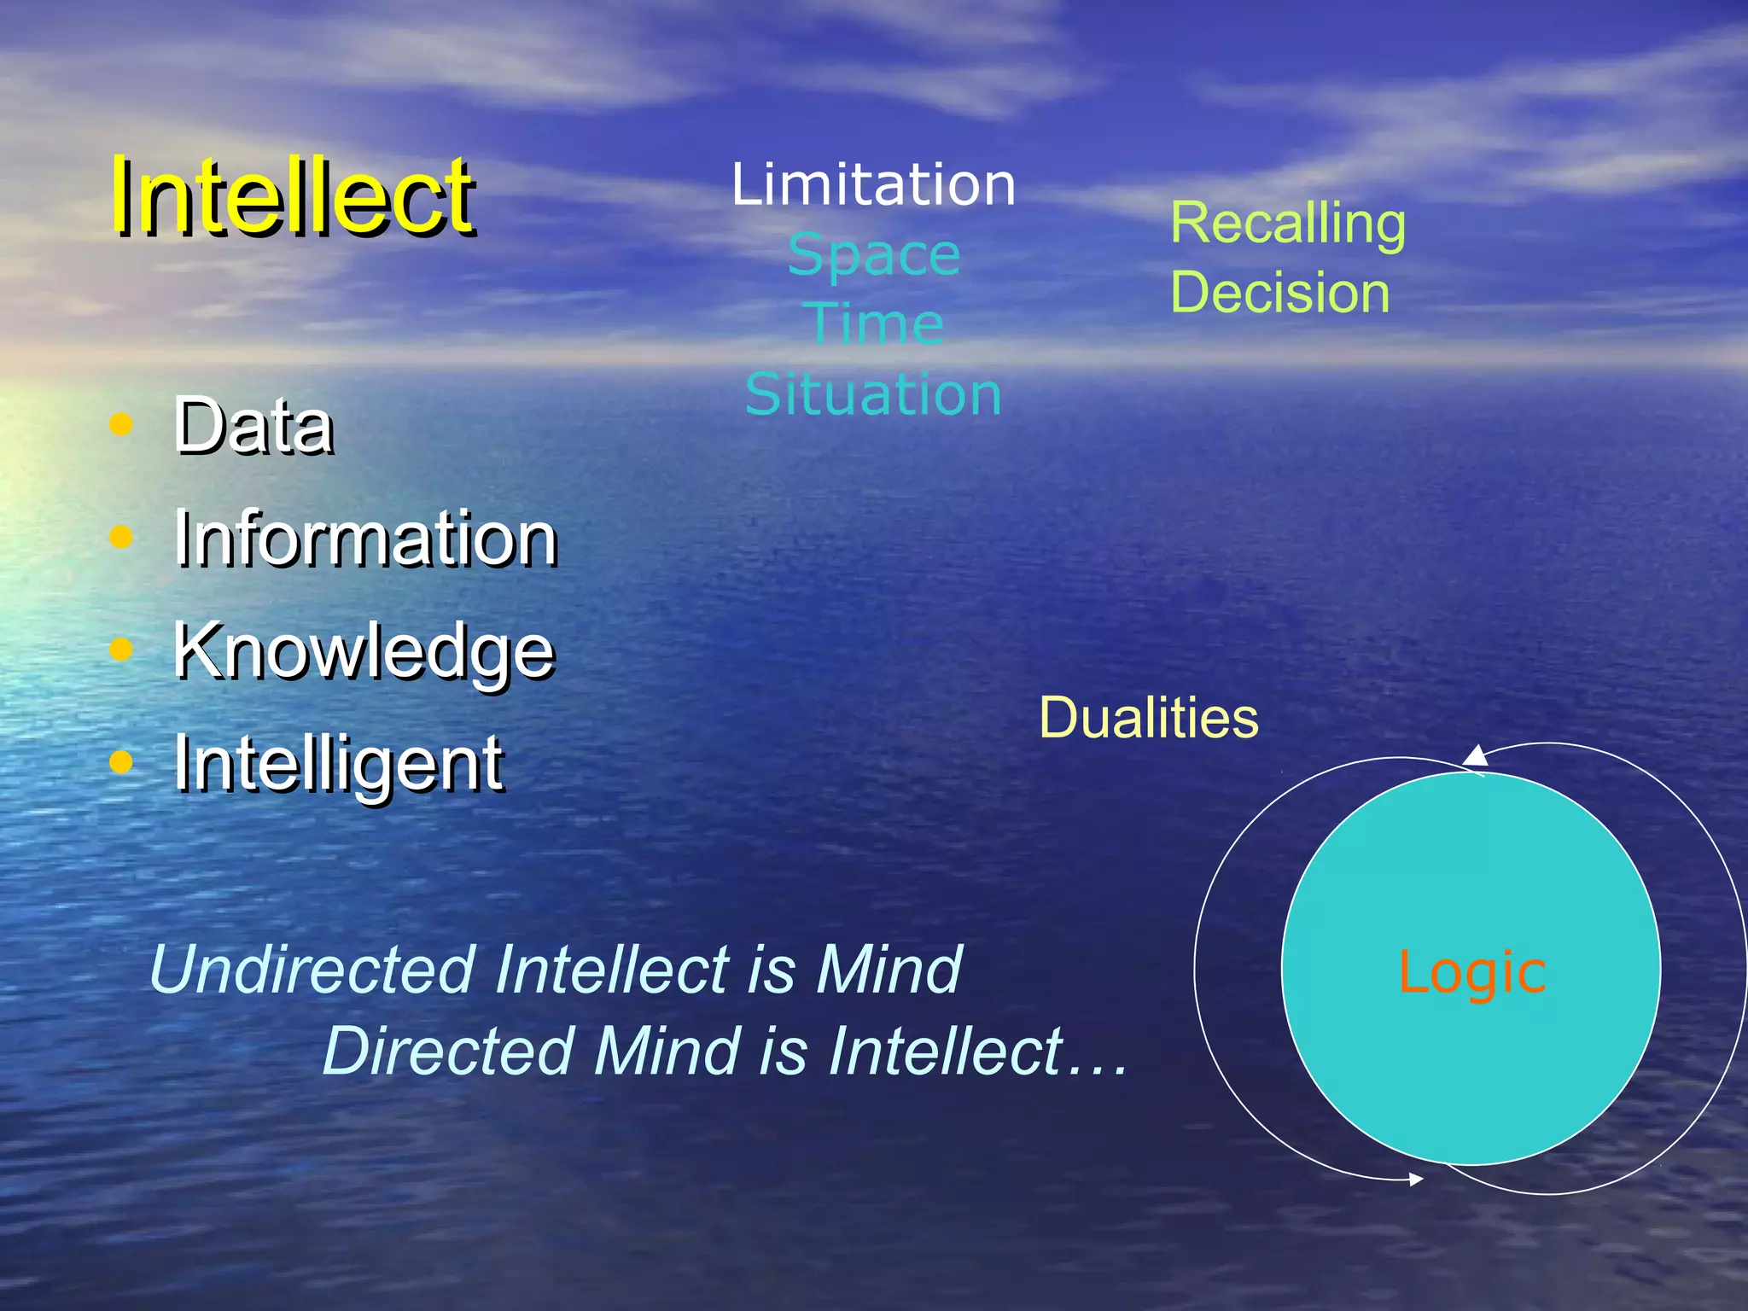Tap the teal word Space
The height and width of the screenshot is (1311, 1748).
pyautogui.click(x=873, y=256)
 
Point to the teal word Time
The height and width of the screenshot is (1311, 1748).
pyautogui.click(x=873, y=324)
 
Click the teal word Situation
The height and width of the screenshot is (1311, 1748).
pyautogui.click(x=873, y=394)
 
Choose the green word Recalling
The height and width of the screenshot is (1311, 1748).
pyautogui.click(x=1287, y=224)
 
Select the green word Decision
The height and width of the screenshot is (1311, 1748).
pyautogui.click(x=1279, y=293)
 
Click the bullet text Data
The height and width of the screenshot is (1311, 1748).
pyautogui.click(x=253, y=426)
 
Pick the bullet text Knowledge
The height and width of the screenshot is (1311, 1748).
pyautogui.click(x=364, y=650)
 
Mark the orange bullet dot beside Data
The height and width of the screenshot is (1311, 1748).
pyautogui.click(x=122, y=424)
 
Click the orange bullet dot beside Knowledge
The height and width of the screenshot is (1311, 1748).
pyautogui.click(x=122, y=650)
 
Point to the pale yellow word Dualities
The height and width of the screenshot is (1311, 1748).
pyautogui.click(x=1148, y=718)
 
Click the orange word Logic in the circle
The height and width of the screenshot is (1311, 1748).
pyautogui.click(x=1471, y=972)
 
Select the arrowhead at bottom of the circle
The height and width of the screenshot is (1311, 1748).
pyautogui.click(x=1416, y=1180)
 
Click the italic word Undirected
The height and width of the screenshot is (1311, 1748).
pyautogui.click(x=312, y=970)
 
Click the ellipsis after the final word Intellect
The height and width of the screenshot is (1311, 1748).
pyautogui.click(x=1098, y=1067)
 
